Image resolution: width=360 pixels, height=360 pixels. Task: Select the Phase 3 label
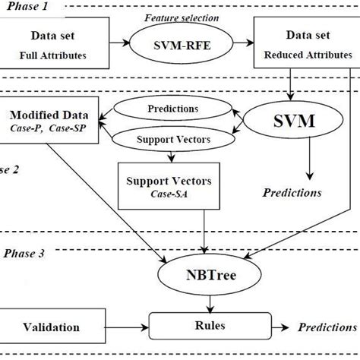pos(24,253)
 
